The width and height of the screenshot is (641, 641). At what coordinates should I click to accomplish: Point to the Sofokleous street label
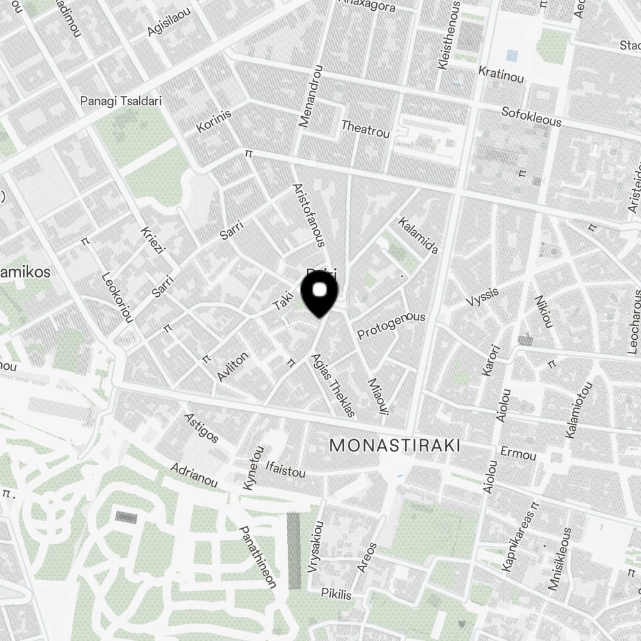[x=531, y=117]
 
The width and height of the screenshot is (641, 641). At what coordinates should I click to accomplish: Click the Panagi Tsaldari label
[x=121, y=101]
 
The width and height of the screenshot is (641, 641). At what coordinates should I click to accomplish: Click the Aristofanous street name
[x=310, y=215]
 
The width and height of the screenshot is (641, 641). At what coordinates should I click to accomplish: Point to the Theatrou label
[x=365, y=129]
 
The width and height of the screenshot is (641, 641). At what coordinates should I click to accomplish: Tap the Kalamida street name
[x=418, y=235]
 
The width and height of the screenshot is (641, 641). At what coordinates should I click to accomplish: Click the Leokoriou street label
[x=117, y=297]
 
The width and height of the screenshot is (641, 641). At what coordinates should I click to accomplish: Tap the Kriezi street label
[x=153, y=238]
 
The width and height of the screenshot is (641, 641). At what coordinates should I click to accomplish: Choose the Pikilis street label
[x=337, y=594]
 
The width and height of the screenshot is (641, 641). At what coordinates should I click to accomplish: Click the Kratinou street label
[x=501, y=73]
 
